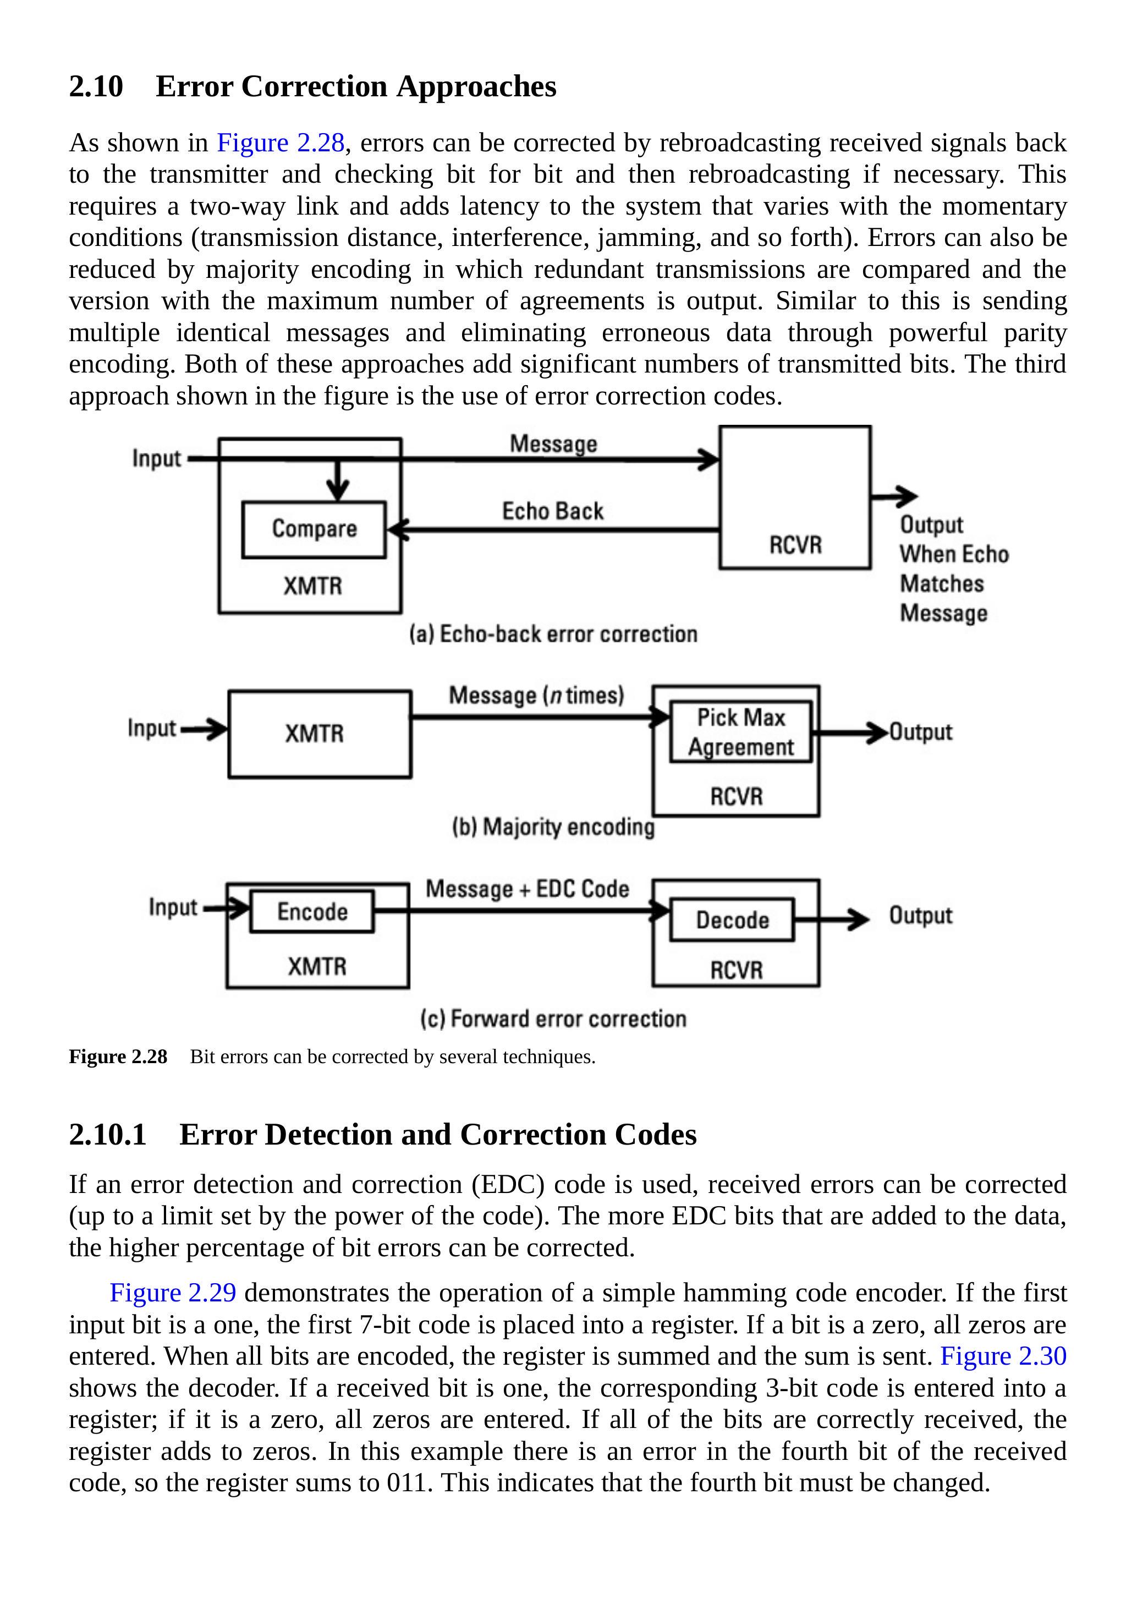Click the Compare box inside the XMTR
coord(314,529)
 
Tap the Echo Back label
coord(553,511)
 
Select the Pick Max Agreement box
coord(740,732)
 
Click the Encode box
coord(312,911)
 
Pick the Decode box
coord(732,920)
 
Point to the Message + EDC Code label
coord(528,889)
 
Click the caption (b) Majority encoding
coord(553,827)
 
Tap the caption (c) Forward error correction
coord(553,1018)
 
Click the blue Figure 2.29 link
coord(173,1292)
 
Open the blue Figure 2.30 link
coord(1002,1356)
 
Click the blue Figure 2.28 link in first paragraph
coord(280,143)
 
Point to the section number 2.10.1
coord(108,1134)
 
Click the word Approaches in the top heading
coord(476,86)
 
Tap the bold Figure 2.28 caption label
coord(118,1056)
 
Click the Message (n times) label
coord(536,695)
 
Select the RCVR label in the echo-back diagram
coord(795,545)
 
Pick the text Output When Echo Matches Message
coord(953,568)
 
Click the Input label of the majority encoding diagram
coord(151,728)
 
